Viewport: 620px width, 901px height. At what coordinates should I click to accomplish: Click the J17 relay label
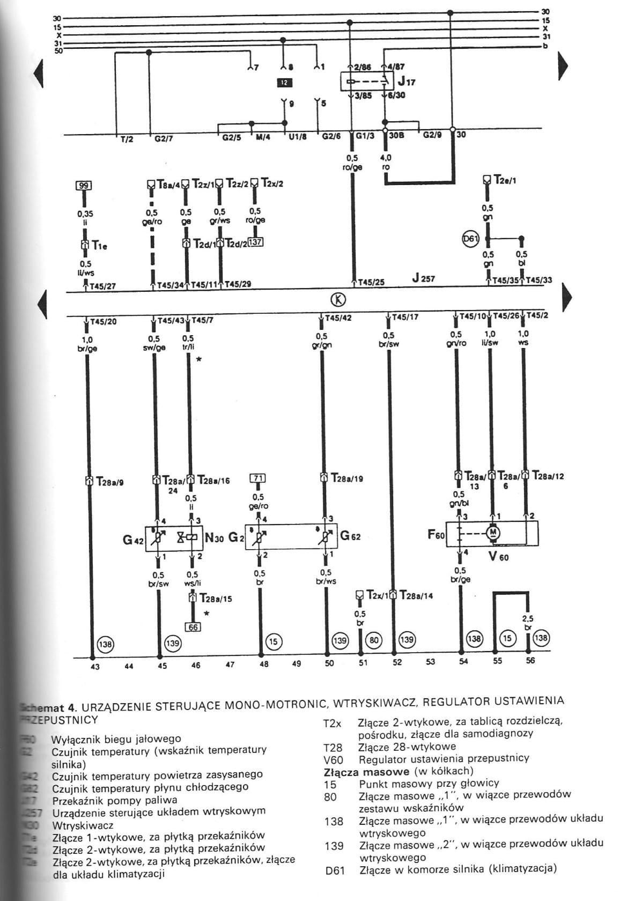click(x=406, y=82)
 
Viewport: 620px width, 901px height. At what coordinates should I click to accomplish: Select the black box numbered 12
click(x=284, y=83)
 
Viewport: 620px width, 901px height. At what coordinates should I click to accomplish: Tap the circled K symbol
click(x=340, y=300)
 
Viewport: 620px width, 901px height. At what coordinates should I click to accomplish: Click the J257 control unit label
click(x=424, y=278)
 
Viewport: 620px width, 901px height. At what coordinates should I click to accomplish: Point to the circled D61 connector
click(x=470, y=239)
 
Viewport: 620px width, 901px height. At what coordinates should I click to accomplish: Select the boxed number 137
click(x=255, y=242)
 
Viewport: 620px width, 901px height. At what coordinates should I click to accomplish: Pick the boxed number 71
click(x=258, y=478)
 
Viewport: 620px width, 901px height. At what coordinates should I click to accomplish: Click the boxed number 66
click(x=193, y=626)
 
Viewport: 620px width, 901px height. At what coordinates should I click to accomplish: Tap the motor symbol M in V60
click(x=492, y=531)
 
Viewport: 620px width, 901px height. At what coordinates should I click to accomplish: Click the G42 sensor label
click(x=134, y=540)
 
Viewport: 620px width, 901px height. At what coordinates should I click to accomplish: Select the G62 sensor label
click(x=350, y=536)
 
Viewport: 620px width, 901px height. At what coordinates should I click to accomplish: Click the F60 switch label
click(x=436, y=535)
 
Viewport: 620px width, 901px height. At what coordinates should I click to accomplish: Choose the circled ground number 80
click(x=374, y=640)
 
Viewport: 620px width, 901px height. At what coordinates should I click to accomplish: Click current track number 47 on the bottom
click(x=230, y=664)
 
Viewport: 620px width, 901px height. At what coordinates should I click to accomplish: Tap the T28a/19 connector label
click(x=346, y=478)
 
